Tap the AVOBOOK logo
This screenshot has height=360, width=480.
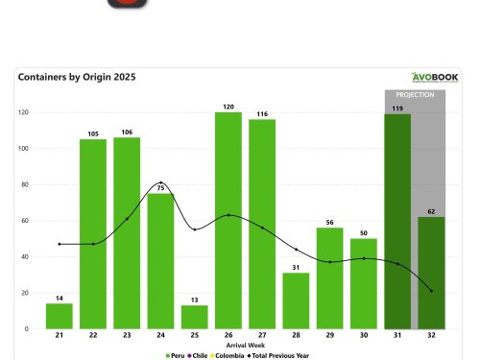point(435,78)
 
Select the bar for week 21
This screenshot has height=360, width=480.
point(59,316)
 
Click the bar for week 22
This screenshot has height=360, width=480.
point(92,234)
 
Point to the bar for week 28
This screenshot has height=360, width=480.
point(296,300)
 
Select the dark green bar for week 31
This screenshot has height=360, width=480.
point(397,222)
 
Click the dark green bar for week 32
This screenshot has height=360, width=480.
point(431,273)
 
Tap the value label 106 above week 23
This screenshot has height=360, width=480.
point(126,132)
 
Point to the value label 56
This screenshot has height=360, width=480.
point(329,222)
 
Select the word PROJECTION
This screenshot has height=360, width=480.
point(415,95)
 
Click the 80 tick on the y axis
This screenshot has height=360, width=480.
point(23,184)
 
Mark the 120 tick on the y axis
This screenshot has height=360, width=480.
point(22,112)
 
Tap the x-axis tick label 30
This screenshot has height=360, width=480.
point(364,336)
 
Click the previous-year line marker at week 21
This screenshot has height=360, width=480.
point(59,244)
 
